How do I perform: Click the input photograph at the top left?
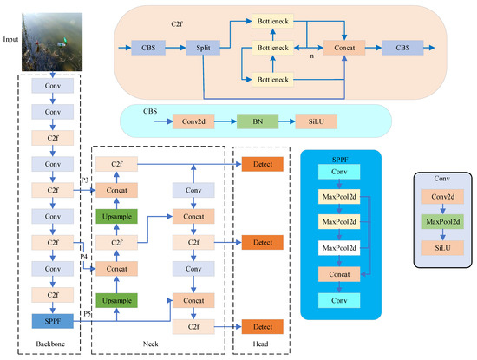(x=54, y=40)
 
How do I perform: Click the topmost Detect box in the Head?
(x=261, y=163)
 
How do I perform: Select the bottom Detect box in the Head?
(x=261, y=326)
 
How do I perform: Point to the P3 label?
(x=85, y=180)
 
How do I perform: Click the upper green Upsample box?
(x=116, y=216)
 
